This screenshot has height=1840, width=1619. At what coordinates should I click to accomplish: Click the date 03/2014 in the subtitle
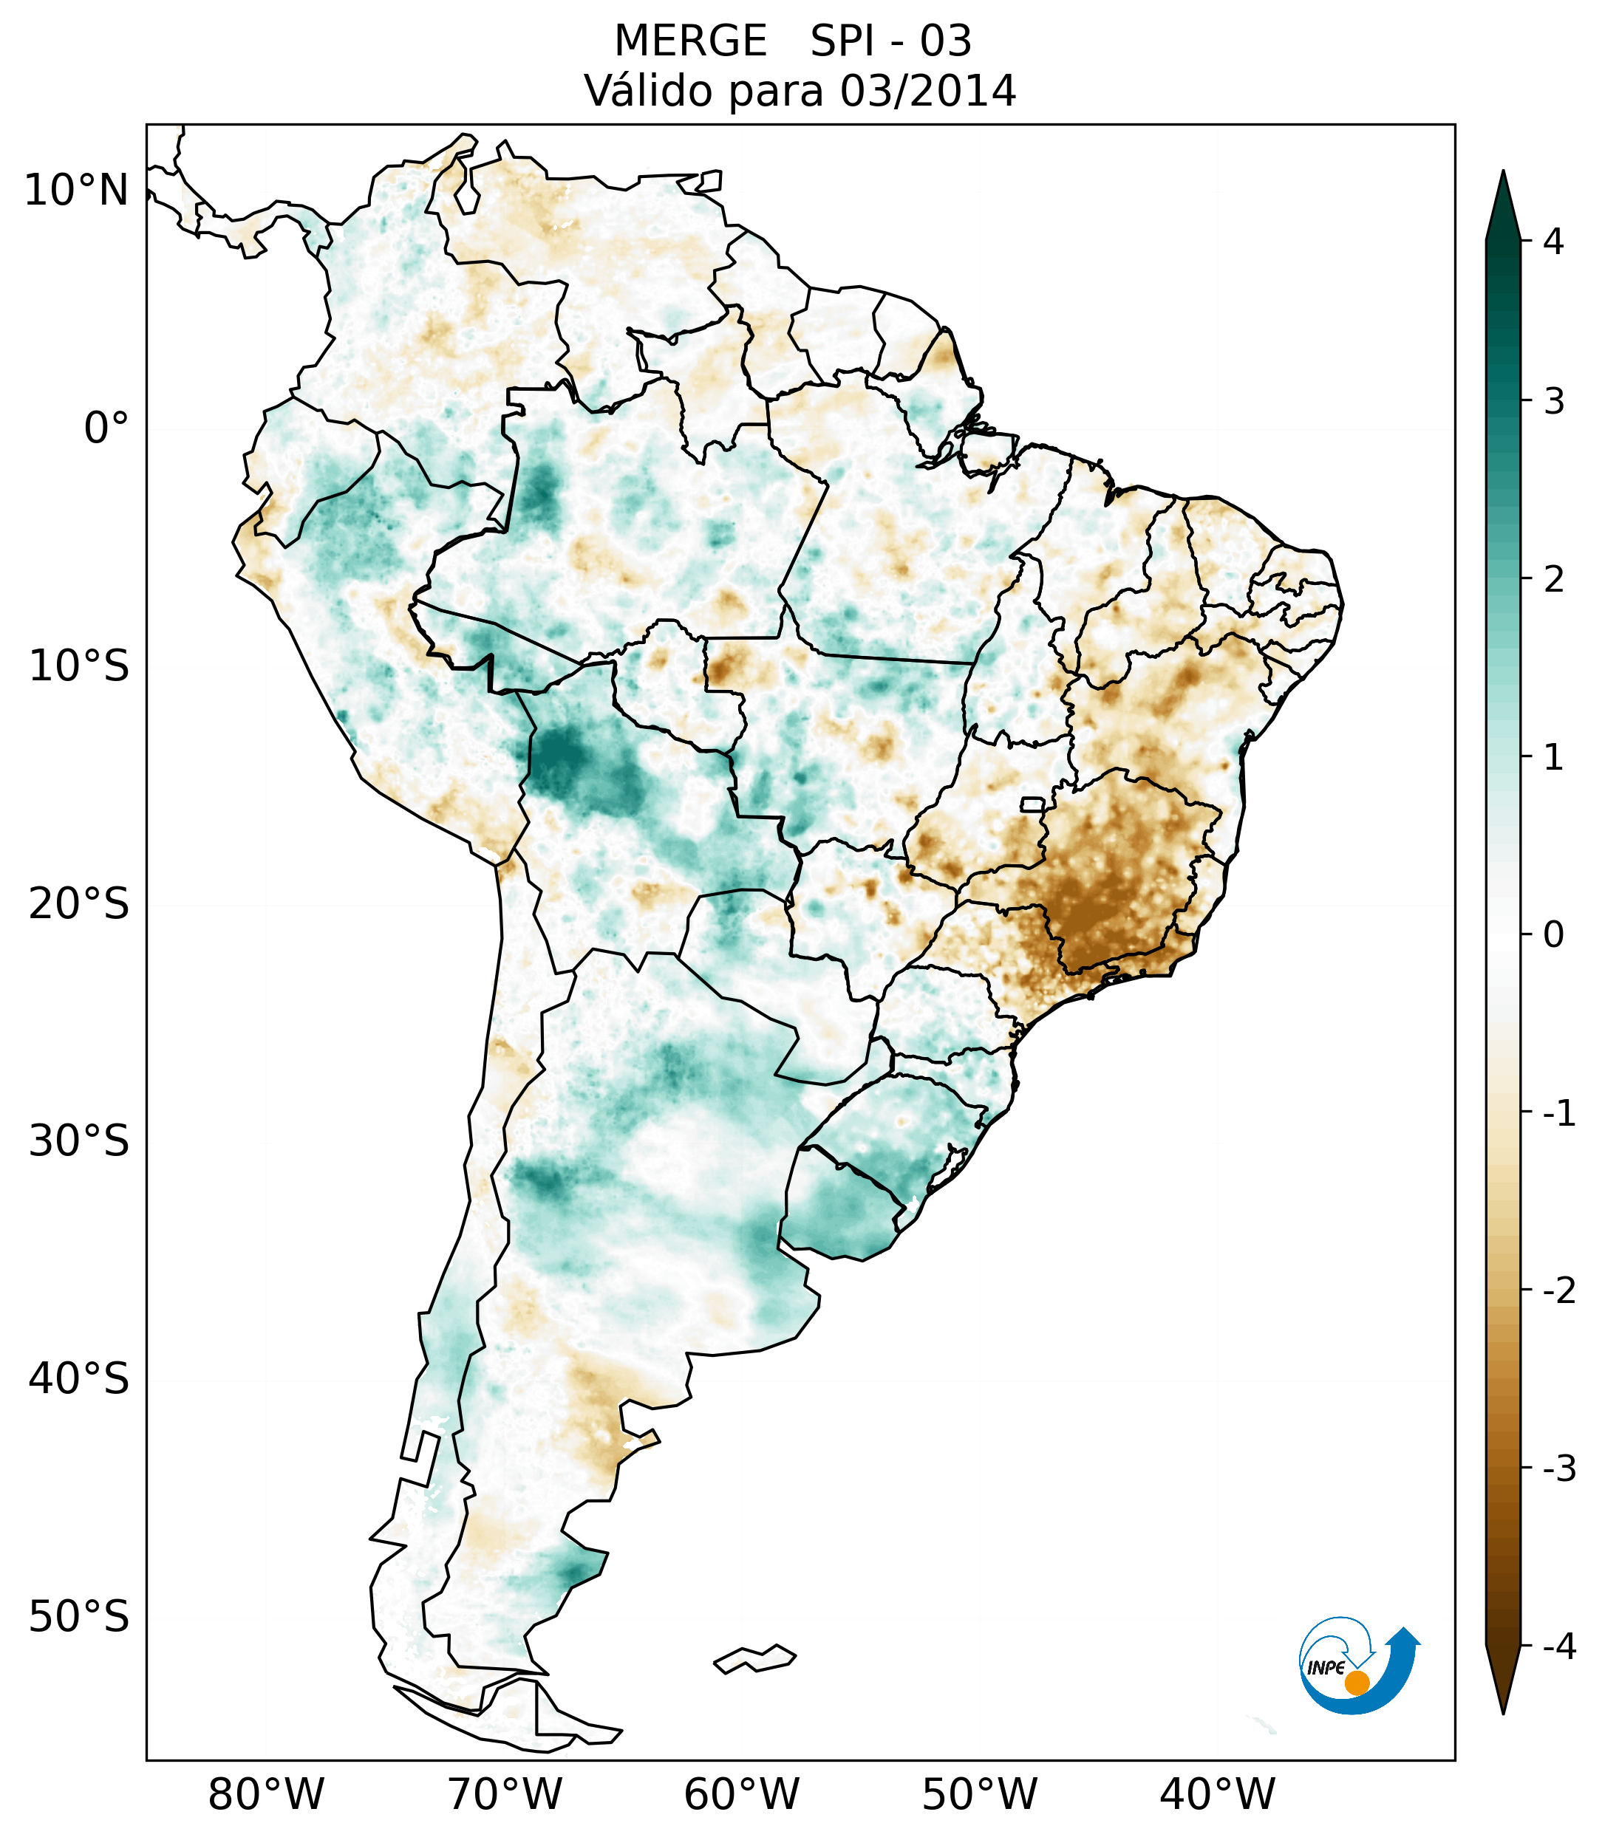(927, 91)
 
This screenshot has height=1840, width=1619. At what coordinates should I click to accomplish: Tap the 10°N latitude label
(77, 191)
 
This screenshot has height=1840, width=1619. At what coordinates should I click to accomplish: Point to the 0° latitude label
(106, 428)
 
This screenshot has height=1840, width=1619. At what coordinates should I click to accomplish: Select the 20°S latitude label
(79, 904)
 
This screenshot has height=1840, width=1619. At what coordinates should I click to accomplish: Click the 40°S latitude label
(79, 1379)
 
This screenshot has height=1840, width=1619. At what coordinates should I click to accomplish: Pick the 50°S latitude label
(79, 1618)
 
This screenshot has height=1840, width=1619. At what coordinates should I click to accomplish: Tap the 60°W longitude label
(741, 1793)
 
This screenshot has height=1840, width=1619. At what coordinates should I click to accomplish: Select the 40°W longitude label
(1218, 1793)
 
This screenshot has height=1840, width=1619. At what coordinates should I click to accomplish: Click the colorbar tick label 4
(1553, 242)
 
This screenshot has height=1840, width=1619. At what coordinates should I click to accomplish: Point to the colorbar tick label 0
(1553, 935)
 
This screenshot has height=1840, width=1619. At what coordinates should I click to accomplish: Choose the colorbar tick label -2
(1558, 1291)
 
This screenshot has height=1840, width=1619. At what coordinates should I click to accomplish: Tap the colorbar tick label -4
(1558, 1646)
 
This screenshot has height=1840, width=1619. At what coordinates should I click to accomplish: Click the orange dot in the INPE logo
(1356, 1683)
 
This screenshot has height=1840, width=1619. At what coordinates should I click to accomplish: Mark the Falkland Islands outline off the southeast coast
(754, 1658)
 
